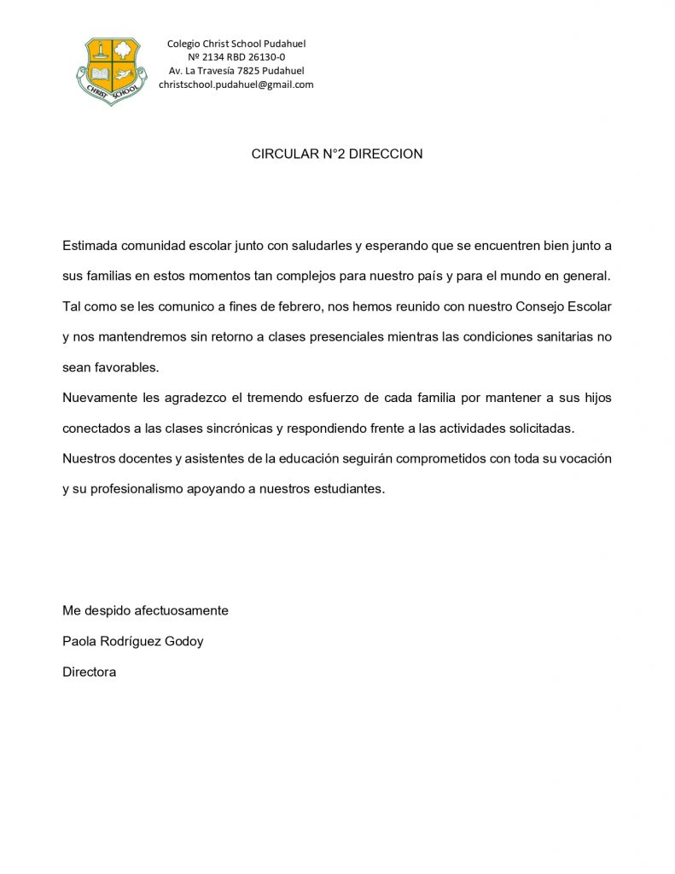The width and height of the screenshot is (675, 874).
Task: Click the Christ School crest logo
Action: [111, 70]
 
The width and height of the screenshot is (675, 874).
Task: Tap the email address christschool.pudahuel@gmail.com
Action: [236, 84]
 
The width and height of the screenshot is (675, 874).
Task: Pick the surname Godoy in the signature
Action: [183, 641]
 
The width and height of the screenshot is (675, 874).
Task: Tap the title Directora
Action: [89, 672]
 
